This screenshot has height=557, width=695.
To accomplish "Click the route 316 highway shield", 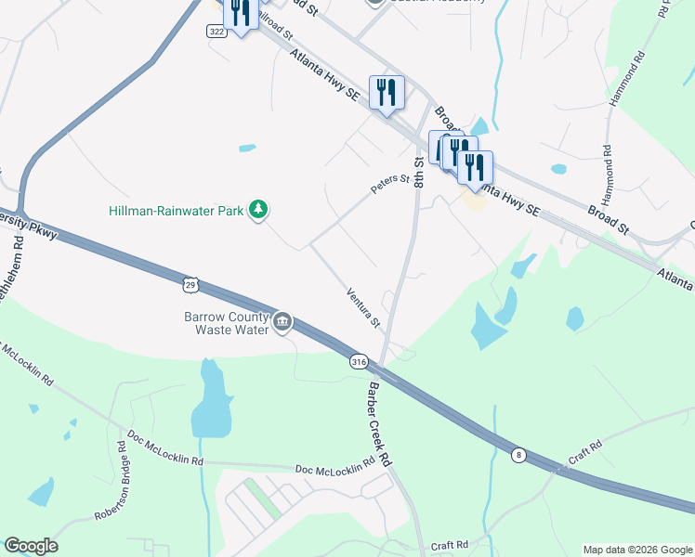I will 359,362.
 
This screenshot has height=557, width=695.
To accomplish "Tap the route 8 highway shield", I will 518,454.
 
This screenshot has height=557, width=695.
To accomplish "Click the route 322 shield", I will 215,31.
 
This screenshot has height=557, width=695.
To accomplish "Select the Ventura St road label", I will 363,308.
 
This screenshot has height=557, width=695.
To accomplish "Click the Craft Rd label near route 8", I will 585,457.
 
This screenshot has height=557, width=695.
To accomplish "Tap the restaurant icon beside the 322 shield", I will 240,14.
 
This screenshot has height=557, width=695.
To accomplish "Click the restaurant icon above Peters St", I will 387,92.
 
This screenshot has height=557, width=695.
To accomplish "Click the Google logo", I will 31,546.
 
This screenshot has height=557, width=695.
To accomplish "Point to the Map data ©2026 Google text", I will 636,550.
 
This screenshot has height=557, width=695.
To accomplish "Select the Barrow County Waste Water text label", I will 226,322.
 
